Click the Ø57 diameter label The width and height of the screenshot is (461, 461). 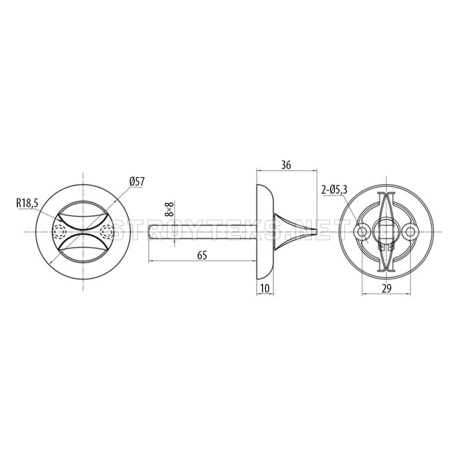click(137, 182)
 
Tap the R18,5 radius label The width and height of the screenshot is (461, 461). click(27, 203)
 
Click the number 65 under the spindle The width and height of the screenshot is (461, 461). click(202, 255)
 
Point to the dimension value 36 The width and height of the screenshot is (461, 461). click(286, 165)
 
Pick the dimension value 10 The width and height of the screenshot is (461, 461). click(265, 289)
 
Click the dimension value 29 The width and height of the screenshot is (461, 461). click(387, 289)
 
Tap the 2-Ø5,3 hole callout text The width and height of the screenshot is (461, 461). click(334, 190)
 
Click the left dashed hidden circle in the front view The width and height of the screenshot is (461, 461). click(59, 232)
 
